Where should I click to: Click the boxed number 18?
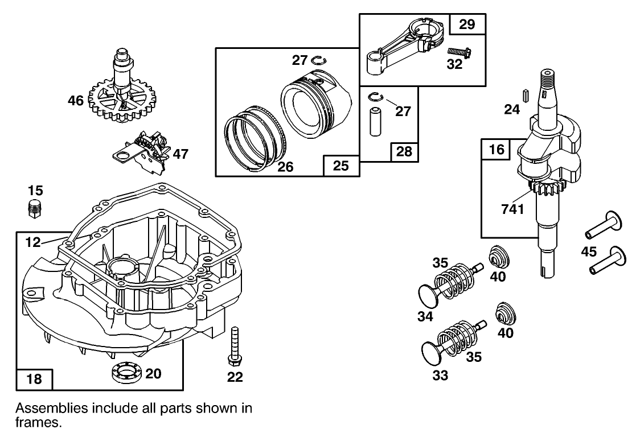(35, 379)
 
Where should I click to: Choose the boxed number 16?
(497, 150)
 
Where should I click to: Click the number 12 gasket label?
(33, 243)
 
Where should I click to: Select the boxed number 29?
(467, 24)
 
